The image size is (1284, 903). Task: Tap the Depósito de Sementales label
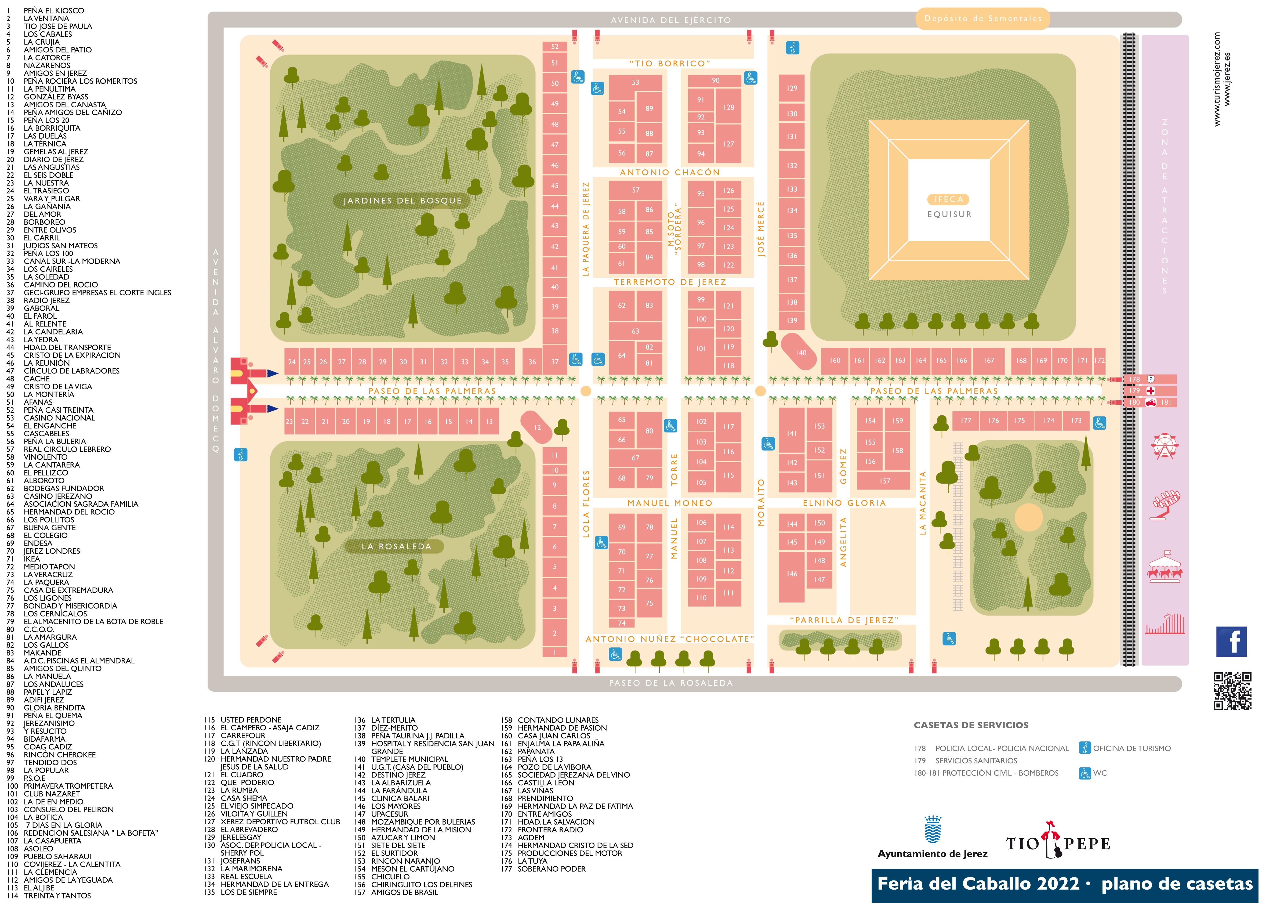982,19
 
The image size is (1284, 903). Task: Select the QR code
1232,691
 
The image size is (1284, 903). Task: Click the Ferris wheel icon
1165,446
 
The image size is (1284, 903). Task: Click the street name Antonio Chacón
670,172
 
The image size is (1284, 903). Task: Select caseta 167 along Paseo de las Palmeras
989,361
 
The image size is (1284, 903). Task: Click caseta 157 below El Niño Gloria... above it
884,481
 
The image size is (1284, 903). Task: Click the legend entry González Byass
56,97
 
